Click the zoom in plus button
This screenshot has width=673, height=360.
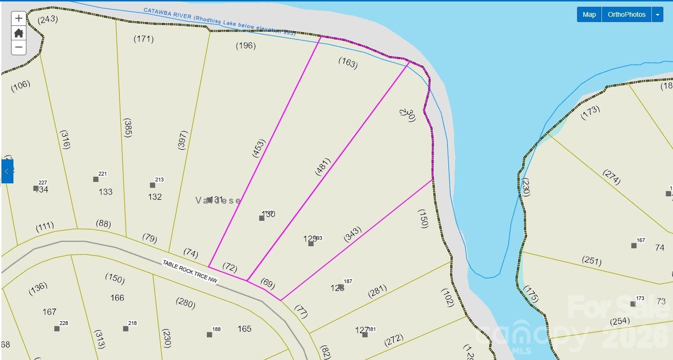tap(19, 19)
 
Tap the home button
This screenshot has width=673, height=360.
tap(19, 33)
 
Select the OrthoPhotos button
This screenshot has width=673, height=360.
tap(626, 14)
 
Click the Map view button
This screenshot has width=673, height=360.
tap(589, 14)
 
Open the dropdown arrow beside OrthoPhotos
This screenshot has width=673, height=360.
tap(658, 14)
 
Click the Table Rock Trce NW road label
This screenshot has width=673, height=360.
tap(190, 272)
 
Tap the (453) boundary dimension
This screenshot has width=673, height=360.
tap(258, 148)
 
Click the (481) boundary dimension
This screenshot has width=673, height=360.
tap(324, 167)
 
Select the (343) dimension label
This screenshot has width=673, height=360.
tap(352, 234)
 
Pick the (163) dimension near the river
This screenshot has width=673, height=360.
tap(348, 63)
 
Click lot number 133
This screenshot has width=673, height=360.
tap(106, 192)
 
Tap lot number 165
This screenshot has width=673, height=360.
tap(244, 329)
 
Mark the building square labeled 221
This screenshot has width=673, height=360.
tap(96, 179)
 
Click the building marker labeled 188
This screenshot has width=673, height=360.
tap(209, 335)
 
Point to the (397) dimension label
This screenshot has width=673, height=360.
tap(182, 140)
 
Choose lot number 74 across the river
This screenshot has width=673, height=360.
tap(660, 248)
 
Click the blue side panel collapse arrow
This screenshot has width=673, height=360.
tap(7, 171)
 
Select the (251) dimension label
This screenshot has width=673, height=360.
tap(591, 260)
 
